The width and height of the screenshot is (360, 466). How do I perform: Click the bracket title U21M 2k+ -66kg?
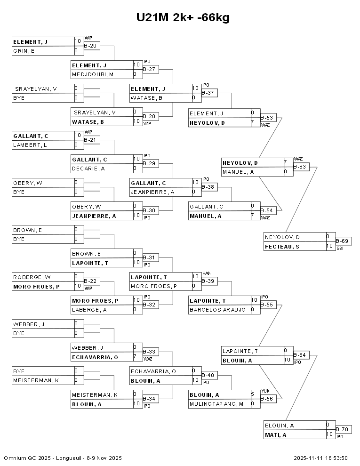[183, 18]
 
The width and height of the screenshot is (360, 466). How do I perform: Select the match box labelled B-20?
[91, 46]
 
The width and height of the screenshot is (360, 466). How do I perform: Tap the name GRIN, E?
[24, 51]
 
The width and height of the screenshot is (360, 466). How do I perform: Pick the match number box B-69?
[343, 241]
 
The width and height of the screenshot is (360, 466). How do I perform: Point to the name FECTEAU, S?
[282, 246]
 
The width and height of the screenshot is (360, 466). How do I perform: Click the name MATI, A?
[275, 434]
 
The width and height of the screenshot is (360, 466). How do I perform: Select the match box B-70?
[343, 429]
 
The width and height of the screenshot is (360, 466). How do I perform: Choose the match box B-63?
[301, 167]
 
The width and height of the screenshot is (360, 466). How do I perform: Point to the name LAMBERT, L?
[30, 145]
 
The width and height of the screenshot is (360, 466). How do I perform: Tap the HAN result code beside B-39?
[206, 273]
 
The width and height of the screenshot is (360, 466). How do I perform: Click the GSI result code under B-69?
[340, 248]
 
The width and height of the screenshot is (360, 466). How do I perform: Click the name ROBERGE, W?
[32, 277]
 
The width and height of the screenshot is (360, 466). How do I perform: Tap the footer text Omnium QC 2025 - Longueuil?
[63, 458]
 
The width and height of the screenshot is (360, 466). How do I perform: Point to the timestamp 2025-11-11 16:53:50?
[320, 458]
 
